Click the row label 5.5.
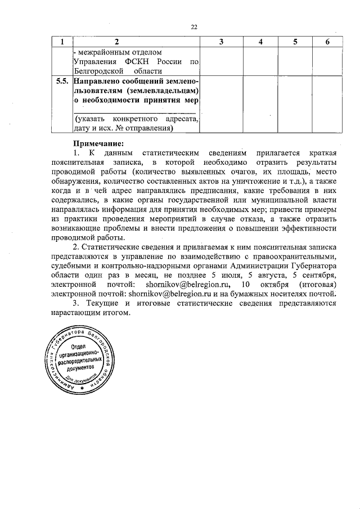click(x=62, y=82)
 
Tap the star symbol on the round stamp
click(x=83, y=389)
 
